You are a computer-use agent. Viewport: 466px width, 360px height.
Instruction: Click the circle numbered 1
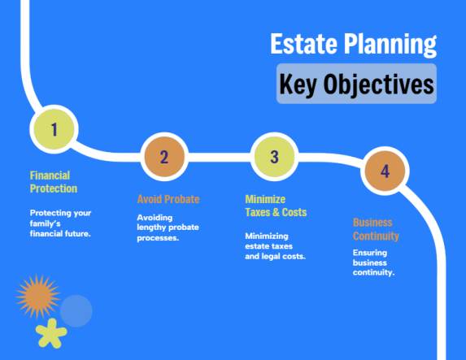pos(54,128)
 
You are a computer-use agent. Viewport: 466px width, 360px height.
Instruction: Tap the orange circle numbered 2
pos(163,158)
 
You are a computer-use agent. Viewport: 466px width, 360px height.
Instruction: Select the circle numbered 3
pos(274,157)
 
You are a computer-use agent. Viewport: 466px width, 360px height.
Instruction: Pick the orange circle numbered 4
pos(385,171)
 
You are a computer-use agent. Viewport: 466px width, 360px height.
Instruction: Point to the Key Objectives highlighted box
pos(356,84)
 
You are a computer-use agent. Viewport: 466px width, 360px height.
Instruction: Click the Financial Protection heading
pos(54,182)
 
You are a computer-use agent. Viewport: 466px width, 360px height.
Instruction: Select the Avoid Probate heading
pos(168,199)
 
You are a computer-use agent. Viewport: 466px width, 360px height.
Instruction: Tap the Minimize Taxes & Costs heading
pos(276,206)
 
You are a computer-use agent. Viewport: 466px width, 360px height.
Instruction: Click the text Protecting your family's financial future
pos(60,223)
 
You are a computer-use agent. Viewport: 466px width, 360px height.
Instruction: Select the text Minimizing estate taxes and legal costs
pos(275,246)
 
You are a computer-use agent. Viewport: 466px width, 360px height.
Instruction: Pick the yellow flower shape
pos(51,332)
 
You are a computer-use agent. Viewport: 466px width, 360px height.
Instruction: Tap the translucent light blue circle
pos(76,310)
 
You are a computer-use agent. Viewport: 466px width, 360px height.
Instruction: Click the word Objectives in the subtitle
pos(381,84)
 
